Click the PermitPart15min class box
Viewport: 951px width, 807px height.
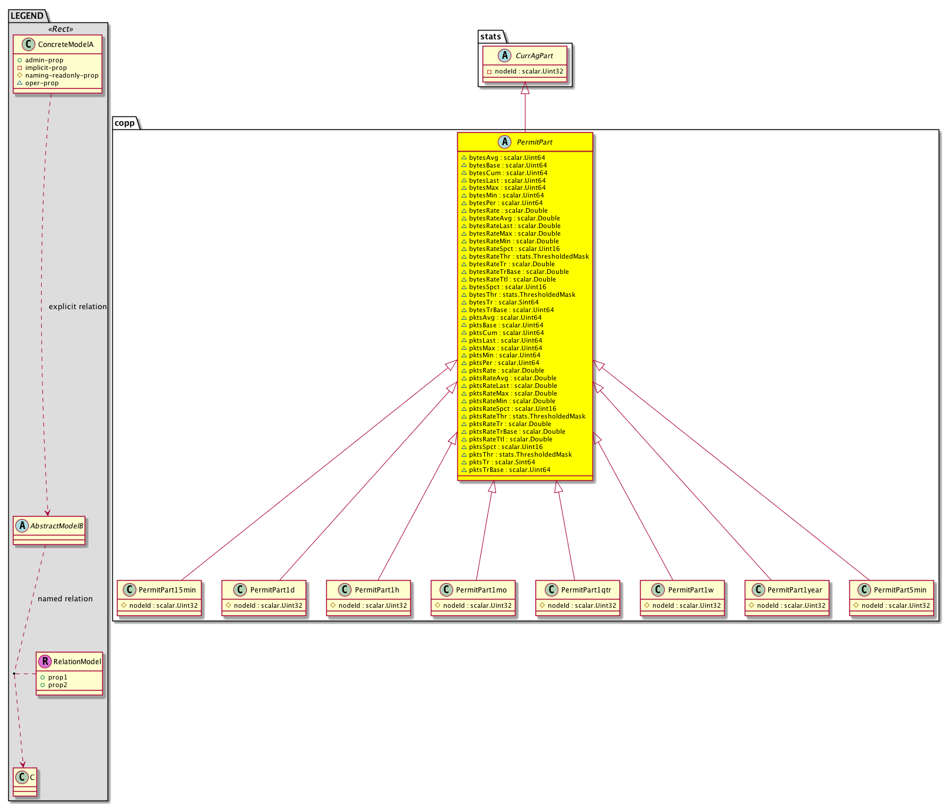tap(159, 598)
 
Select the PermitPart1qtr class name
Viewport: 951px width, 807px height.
tap(586, 590)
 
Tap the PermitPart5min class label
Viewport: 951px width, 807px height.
tap(900, 590)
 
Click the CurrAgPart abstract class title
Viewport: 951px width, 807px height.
tap(534, 56)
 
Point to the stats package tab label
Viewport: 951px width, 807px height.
tap(491, 36)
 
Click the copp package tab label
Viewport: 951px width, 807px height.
tap(125, 123)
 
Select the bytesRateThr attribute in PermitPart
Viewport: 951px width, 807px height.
tap(525, 256)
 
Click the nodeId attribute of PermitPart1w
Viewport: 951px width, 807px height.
tap(682, 605)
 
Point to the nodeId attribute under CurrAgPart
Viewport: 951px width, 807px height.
tap(525, 72)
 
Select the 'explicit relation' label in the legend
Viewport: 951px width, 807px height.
tap(78, 307)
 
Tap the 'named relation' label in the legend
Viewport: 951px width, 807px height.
tap(65, 599)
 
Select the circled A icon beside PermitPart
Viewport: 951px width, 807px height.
tap(505, 142)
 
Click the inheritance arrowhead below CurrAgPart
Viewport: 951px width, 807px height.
tap(525, 88)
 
